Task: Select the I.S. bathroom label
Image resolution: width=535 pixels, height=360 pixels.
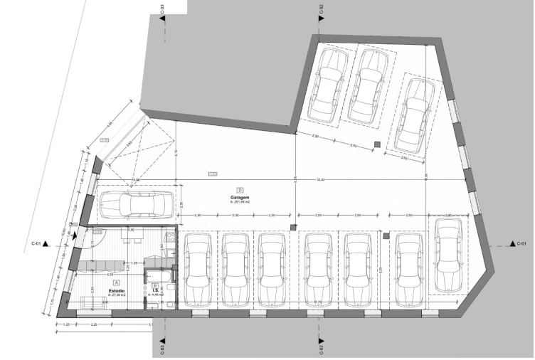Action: pyautogui.click(x=155, y=290)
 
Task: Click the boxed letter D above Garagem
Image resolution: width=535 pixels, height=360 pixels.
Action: pyautogui.click(x=240, y=190)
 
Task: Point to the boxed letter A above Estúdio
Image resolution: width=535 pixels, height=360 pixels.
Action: pyautogui.click(x=116, y=283)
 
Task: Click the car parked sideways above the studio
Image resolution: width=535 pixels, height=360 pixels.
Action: pyautogui.click(x=134, y=204)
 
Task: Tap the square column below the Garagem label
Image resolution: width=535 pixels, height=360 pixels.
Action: pyautogui.click(x=292, y=227)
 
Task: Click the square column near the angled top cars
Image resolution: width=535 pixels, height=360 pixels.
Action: pyautogui.click(x=376, y=145)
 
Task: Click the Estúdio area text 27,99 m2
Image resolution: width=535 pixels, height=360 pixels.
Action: pyautogui.click(x=117, y=295)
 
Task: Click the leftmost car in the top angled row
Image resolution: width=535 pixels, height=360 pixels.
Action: pyautogui.click(x=328, y=85)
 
